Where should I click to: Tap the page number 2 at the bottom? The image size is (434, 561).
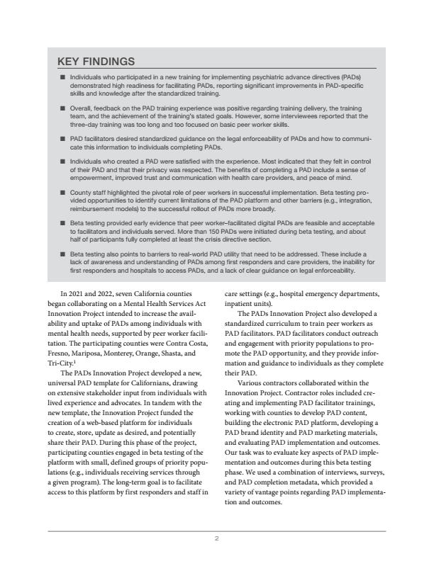pos(217,538)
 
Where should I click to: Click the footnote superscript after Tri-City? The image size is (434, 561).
pos(77,358)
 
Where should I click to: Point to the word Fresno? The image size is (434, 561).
pos(62,350)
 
